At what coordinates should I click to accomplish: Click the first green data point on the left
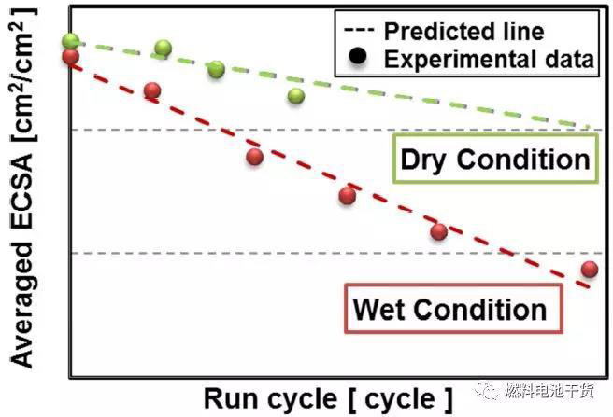point(71,41)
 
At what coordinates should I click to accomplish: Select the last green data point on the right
point(296,95)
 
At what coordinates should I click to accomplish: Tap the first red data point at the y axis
point(70,57)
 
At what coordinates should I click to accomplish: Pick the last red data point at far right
point(589,270)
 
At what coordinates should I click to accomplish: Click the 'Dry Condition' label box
point(495,159)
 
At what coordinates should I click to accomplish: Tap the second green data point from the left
point(163,49)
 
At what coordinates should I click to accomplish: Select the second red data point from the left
point(152,90)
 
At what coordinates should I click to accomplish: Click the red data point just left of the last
point(438,231)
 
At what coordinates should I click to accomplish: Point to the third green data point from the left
point(216,69)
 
